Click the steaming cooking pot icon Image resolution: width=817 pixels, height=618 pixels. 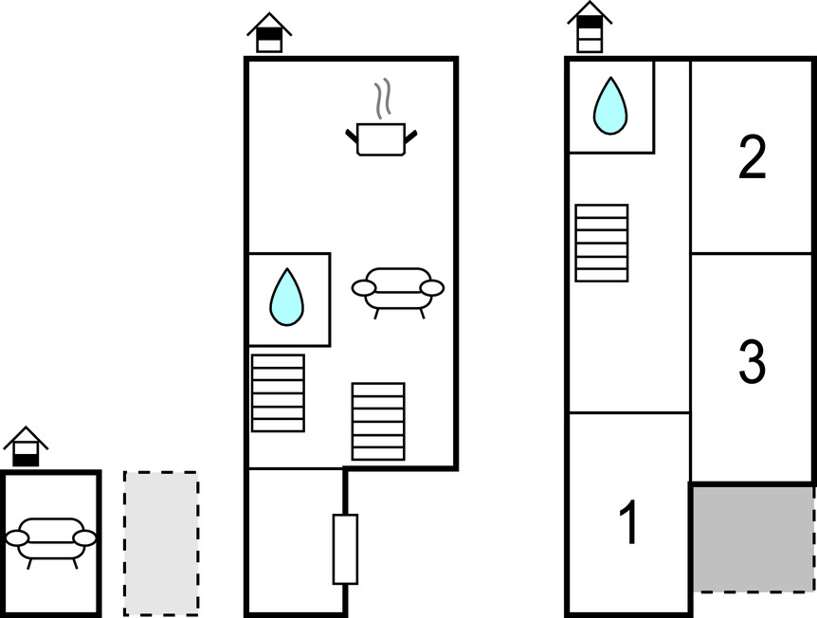pos(381,137)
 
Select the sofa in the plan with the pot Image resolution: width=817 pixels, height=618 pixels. pos(397,289)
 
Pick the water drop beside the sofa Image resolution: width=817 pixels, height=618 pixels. pos(287,298)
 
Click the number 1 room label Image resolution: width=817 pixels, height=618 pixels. pos(627,523)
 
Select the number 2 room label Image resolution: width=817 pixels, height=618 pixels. pos(752,158)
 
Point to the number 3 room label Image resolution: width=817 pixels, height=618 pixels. pos(752,361)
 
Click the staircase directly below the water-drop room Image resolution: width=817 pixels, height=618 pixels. pos(278,392)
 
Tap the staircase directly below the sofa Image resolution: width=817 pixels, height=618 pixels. pos(378,421)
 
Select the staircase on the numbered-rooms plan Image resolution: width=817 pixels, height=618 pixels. pos(602,243)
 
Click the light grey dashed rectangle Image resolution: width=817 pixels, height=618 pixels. pos(161,542)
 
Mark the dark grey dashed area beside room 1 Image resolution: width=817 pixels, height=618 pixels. pos(753,538)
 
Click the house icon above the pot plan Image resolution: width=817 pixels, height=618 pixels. pos(270,33)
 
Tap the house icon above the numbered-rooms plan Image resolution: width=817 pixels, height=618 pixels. pos(590,26)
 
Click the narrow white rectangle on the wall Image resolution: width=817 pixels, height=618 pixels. pos(345,549)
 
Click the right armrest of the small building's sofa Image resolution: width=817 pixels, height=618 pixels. pos(85,538)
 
